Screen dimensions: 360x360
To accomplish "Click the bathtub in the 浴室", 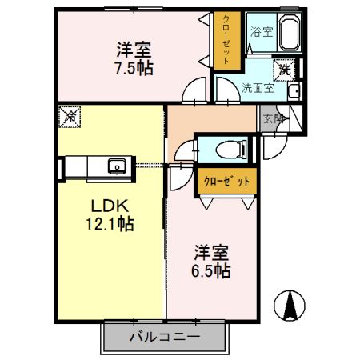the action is [290, 32].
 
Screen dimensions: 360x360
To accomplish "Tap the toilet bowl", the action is [231, 150].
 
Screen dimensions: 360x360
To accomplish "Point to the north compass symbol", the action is [290, 306].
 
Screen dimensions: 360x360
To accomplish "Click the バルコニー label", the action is [165, 337].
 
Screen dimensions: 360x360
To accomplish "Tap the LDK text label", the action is [110, 206].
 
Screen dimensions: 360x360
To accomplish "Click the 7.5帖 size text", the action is [134, 69].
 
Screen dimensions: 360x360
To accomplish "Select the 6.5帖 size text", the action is [210, 271].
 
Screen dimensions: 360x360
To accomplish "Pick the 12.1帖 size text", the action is [110, 223].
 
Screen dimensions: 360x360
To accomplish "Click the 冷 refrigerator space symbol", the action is [70, 117].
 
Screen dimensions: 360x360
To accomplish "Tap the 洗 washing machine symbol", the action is [284, 70].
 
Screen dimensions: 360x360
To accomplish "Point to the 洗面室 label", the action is [258, 88].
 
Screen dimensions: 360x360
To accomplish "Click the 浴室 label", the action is [262, 32].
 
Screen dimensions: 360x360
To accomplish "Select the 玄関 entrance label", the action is [273, 118].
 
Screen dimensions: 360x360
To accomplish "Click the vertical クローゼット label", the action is [226, 40].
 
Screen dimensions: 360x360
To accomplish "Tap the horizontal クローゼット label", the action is [226, 182].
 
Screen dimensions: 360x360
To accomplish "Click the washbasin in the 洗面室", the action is [294, 91].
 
